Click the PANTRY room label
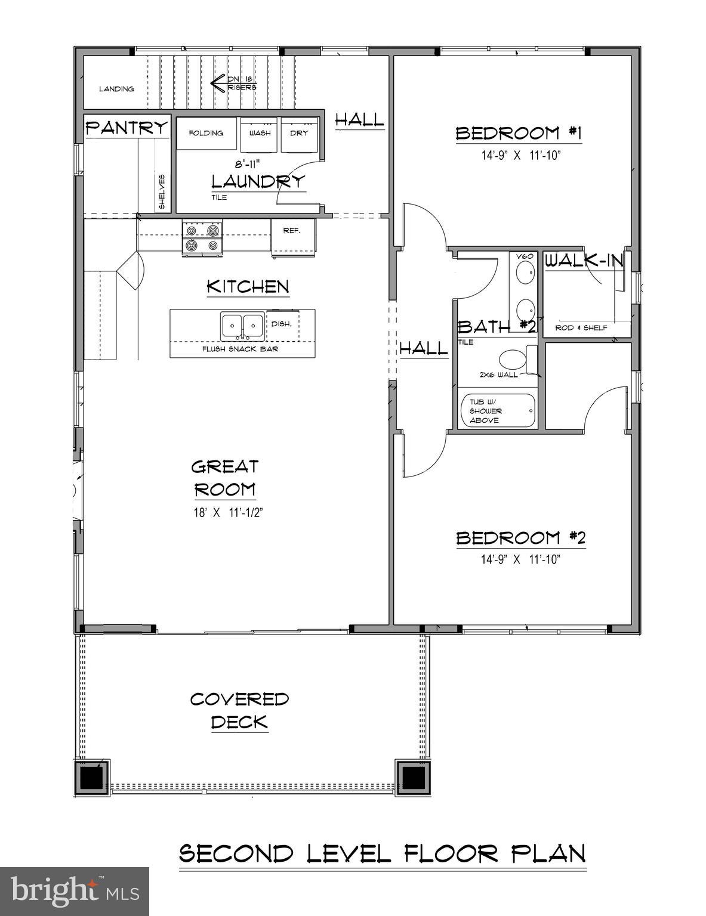127,128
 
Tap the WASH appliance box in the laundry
260,135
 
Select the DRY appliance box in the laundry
300,135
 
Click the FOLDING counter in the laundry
206,134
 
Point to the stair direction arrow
218,83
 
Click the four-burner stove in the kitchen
202,237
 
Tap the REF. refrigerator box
292,237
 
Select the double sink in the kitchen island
243,326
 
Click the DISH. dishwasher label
281,324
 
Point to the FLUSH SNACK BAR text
240,349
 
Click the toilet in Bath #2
511,360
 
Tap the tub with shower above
498,411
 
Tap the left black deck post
92,778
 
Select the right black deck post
412,778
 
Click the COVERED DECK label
239,710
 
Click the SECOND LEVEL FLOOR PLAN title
383,853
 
